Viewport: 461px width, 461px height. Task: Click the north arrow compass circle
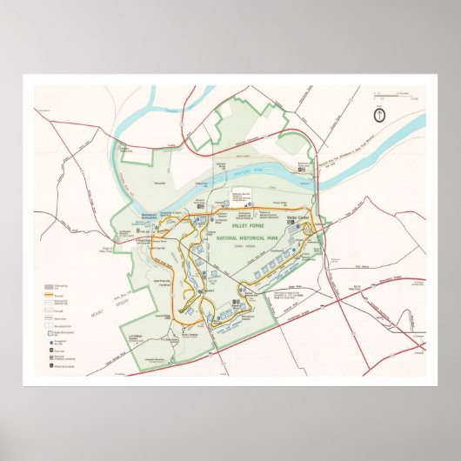coord(379,114)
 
